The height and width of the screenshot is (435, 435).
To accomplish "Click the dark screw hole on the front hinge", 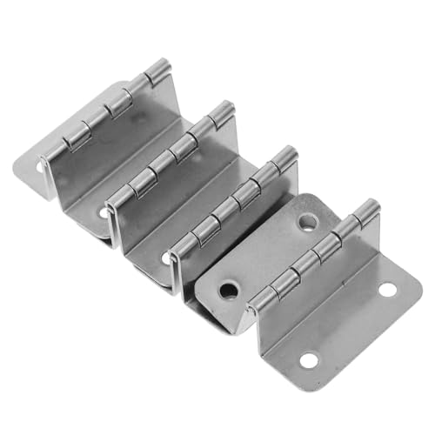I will (x=229, y=289).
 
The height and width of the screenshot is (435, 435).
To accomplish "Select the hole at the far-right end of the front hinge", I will (x=387, y=289).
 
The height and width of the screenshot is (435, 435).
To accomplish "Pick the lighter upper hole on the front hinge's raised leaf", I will (x=306, y=223).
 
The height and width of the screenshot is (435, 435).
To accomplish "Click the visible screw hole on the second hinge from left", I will (x=106, y=211).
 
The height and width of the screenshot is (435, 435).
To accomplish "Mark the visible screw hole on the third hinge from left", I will (x=168, y=258).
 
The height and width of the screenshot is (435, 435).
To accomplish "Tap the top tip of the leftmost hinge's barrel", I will (x=160, y=66).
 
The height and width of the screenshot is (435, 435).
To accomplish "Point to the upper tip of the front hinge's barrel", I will (x=370, y=207).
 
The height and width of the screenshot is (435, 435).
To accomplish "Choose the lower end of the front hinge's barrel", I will (x=254, y=306).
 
